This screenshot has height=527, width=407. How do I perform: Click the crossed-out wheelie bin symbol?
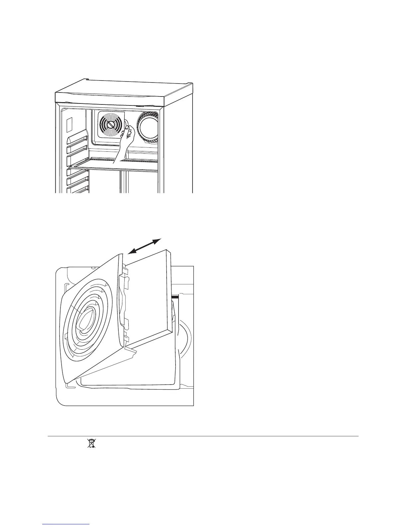point(91,443)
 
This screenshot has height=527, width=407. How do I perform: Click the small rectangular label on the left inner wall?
point(69,124)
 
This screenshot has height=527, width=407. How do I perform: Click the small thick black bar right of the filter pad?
point(175,295)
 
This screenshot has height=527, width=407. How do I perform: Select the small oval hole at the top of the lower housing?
point(93,267)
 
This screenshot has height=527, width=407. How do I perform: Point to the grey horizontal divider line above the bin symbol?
point(203,436)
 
